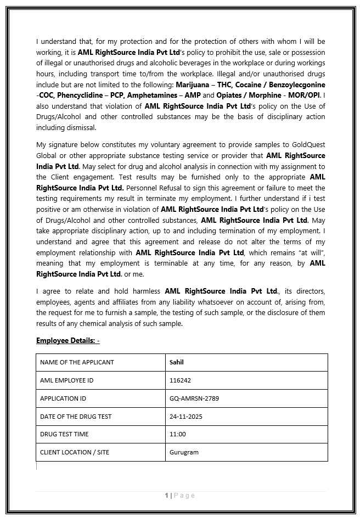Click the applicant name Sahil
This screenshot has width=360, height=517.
point(177,362)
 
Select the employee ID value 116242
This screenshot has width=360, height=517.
point(181,380)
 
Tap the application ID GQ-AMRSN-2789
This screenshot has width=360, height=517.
point(194,398)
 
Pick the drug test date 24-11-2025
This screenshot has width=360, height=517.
point(186,417)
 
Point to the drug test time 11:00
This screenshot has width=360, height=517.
point(178,434)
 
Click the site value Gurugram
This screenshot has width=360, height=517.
point(184,452)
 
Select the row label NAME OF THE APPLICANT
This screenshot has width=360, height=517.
point(77,362)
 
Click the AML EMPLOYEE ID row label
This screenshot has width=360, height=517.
point(66,380)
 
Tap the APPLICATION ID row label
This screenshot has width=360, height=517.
point(63,398)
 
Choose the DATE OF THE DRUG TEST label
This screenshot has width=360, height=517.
point(76,417)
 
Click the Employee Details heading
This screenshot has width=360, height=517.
point(67,340)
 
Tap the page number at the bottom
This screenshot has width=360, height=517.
point(166,496)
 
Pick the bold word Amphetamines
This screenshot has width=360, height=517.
point(151,95)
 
